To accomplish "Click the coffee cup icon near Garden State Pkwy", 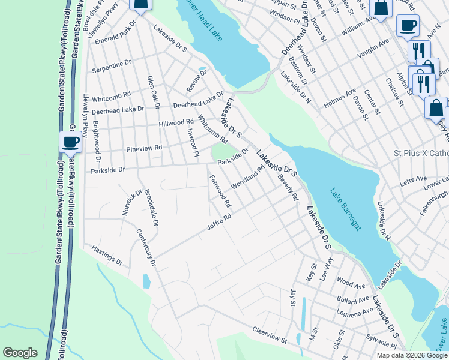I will pos(70,142).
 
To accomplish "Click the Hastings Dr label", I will pos(107,255).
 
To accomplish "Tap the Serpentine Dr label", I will pos(111,67).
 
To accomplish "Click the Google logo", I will pos(20,353).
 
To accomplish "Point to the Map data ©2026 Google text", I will pos(412,355).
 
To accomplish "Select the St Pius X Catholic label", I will pos(421,153).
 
